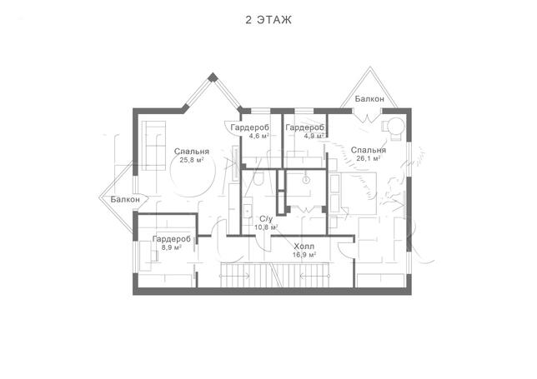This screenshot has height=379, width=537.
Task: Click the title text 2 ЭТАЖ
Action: [268, 20]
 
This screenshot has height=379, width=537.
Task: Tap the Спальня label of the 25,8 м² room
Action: [192, 152]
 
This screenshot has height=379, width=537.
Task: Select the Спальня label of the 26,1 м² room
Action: [369, 150]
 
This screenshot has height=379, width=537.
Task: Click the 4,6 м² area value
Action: [258, 136]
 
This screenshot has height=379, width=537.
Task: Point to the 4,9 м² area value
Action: [314, 136]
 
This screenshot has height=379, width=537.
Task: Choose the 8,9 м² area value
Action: [171, 247]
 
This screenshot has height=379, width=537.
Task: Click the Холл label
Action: [304, 247]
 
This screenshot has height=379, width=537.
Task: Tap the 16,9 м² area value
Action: [304, 255]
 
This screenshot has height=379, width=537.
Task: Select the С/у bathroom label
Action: [266, 219]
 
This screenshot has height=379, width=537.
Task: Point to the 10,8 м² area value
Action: [266, 227]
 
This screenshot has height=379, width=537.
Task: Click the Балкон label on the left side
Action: [125, 199]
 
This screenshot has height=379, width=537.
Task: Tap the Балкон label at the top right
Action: [369, 99]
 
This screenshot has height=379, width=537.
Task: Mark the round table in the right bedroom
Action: [397, 126]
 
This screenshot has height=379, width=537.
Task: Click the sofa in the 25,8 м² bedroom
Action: [153, 146]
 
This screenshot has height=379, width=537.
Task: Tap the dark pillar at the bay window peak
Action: [213, 77]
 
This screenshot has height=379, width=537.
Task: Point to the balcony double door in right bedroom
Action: [367, 117]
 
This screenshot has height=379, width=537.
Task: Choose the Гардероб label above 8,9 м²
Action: [172, 239]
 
